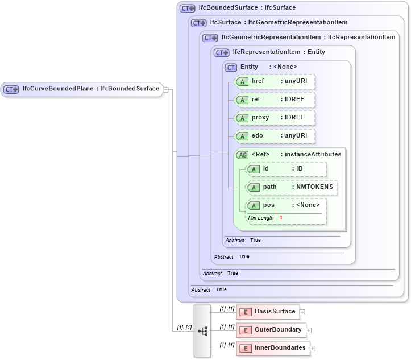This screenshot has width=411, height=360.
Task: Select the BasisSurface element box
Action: pos(268,312)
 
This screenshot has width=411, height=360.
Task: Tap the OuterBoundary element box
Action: pos(271,330)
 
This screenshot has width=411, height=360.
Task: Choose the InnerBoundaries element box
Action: pos(273,348)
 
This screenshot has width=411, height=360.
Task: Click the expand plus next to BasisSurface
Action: pos(302,312)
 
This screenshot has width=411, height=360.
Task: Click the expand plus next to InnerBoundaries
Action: pos(313,348)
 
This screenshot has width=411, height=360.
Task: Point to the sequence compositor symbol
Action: pos(202,330)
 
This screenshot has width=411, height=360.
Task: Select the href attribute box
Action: pos(275,81)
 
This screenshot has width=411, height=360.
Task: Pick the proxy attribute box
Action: pos(275,118)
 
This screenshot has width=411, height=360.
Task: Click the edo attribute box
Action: pos(275,136)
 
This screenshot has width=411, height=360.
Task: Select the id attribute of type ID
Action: pos(287,169)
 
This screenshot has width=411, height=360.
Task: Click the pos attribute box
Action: pos(287,205)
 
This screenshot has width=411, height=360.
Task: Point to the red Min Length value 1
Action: pos(281,218)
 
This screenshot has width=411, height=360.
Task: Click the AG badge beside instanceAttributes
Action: pos(243,155)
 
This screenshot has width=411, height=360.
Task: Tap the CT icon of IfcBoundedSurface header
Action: pos(187,9)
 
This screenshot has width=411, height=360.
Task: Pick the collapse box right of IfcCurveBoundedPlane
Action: pos(165,89)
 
